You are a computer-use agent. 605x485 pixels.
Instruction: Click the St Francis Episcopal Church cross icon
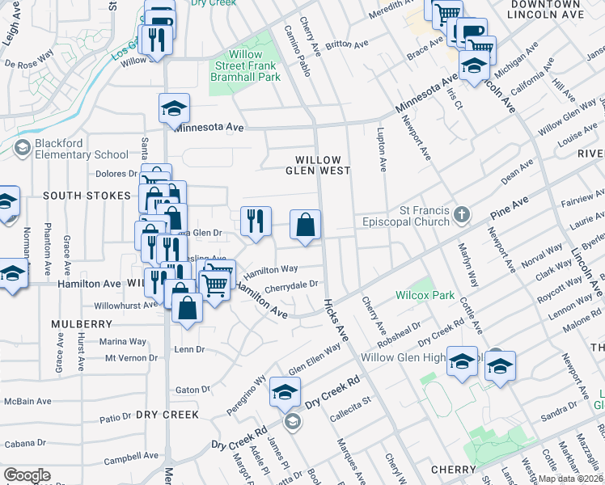pyautogui.click(x=461, y=214)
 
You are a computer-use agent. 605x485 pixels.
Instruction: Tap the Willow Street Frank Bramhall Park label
pyautogui.click(x=246, y=65)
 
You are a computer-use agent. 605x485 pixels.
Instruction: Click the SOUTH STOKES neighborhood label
pyautogui.click(x=87, y=196)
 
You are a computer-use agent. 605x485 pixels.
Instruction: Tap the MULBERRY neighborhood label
pyautogui.click(x=81, y=324)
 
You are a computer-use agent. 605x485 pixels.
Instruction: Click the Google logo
pyautogui.click(x=27, y=475)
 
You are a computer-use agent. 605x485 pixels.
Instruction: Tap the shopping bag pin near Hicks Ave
pyautogui.click(x=306, y=226)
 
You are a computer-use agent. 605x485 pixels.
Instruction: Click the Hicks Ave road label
pyautogui.click(x=335, y=318)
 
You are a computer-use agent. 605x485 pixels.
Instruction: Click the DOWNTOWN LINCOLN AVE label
pyautogui.click(x=548, y=10)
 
